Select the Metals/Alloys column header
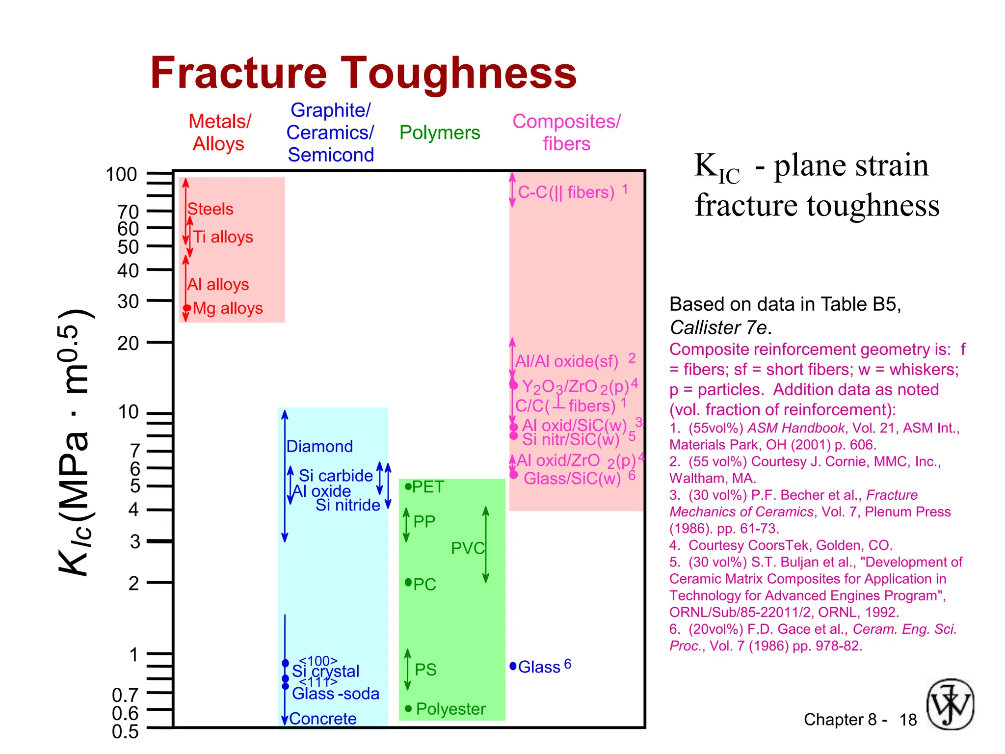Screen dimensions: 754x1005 pos(219,133)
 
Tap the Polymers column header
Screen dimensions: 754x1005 pos(439,133)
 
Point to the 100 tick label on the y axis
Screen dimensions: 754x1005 pos(121,175)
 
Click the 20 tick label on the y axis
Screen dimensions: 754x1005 pos(128,343)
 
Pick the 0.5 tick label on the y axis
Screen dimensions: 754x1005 pos(125,732)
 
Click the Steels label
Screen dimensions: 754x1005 pos(211,209)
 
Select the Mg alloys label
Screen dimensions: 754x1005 pos(228,308)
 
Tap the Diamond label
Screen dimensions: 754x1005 pos(319,446)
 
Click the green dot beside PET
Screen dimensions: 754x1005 pos(408,486)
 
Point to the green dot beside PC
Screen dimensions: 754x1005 pos(408,583)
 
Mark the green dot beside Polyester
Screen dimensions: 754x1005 pos(408,708)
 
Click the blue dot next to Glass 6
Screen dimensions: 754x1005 pos(513,666)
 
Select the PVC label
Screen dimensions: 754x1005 pos(467,548)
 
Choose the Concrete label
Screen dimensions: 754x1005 pos(323,719)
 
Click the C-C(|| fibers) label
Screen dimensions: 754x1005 pos(566,192)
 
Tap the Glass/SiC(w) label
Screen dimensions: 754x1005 pos(572,478)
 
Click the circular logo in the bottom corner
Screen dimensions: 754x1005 pos(950,704)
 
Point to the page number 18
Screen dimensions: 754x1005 pos(908,720)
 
